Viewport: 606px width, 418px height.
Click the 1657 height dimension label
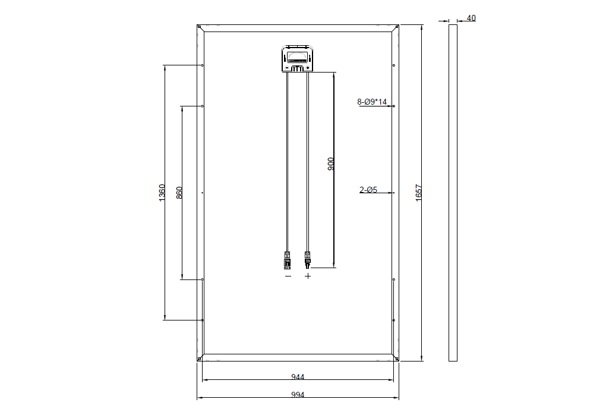click(x=419, y=193)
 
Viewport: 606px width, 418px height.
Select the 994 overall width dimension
click(x=298, y=395)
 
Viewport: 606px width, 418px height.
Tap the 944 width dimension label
click(x=298, y=377)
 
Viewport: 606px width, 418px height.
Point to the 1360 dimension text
click(x=162, y=193)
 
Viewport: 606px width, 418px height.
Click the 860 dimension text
click(x=180, y=193)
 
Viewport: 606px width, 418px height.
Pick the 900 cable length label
click(x=332, y=164)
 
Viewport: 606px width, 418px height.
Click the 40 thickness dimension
click(x=471, y=18)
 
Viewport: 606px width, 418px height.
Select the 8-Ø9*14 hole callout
click(x=372, y=102)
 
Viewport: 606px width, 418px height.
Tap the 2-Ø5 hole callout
click(x=368, y=190)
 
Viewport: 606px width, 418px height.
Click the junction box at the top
click(x=298, y=58)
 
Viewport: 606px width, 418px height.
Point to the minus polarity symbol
click(x=288, y=276)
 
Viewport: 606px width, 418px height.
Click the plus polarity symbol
click(x=308, y=276)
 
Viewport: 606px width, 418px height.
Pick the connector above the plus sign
click(x=308, y=259)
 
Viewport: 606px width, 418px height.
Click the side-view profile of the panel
click(x=453, y=193)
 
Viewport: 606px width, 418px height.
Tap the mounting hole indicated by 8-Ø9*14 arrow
click(x=393, y=106)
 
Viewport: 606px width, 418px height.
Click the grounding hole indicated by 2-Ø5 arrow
click(x=393, y=193)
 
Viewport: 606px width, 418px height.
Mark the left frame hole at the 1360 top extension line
click(x=203, y=65)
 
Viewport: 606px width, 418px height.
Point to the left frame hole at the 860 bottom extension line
click(x=203, y=279)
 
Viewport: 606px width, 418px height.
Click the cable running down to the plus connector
click(x=308, y=161)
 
